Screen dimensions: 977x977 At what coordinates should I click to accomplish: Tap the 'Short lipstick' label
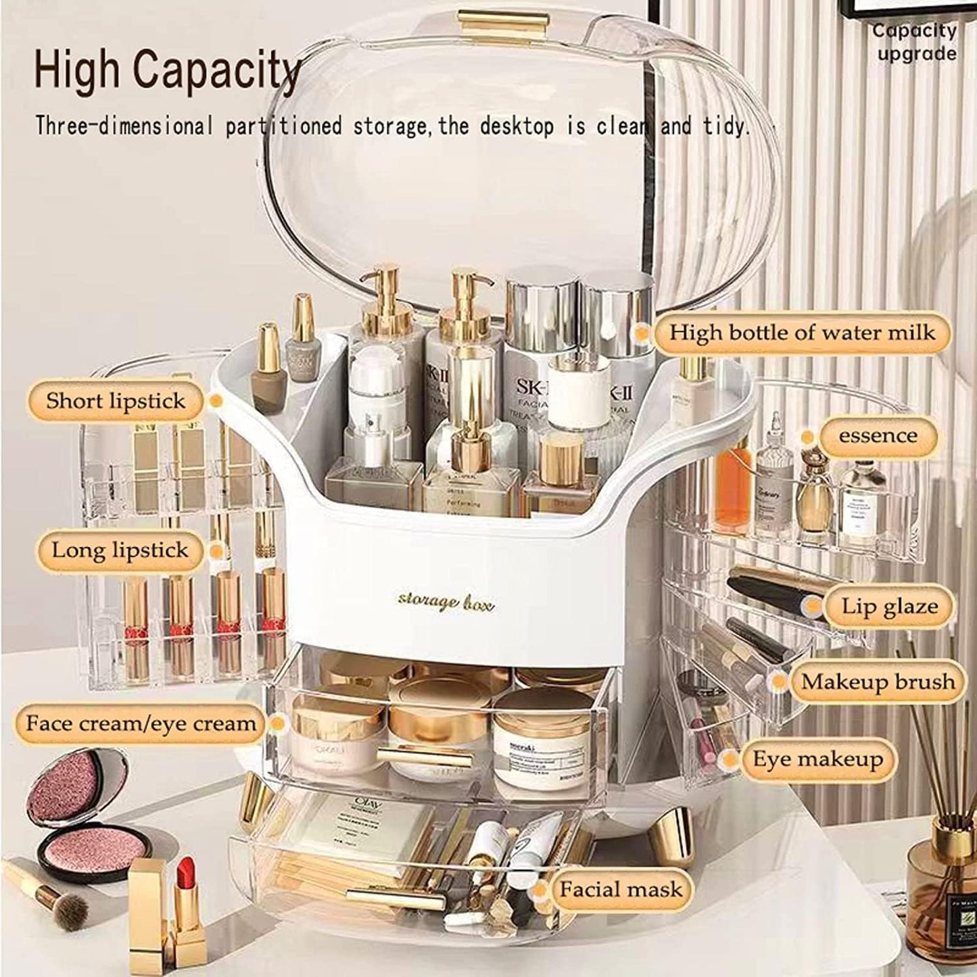116,400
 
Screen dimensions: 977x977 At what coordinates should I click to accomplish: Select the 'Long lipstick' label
120,550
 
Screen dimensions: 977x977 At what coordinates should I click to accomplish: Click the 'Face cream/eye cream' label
141,723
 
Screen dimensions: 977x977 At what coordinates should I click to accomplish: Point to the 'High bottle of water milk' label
802,332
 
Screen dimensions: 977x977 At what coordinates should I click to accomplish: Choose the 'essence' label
878,435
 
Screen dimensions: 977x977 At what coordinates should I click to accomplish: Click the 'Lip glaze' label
889,605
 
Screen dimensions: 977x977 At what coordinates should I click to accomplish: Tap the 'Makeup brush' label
878,682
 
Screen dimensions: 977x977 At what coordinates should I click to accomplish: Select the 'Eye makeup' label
817,759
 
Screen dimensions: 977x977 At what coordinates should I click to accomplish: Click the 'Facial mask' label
620,888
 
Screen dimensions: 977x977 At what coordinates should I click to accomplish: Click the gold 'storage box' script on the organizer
446,600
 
